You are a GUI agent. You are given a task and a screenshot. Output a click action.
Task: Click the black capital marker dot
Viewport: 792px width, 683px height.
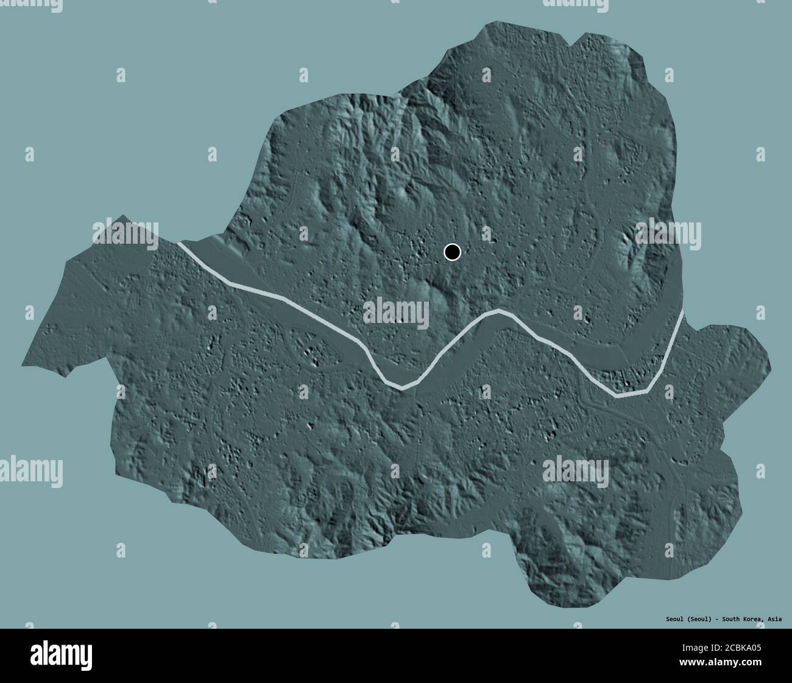coord(452,252)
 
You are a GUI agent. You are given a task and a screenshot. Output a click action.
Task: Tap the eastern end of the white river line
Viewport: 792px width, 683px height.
coord(682,313)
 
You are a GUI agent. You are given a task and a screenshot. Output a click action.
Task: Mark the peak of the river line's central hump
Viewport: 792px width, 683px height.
coord(500,311)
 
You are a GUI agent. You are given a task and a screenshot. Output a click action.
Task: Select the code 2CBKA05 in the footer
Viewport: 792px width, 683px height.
coord(743,648)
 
